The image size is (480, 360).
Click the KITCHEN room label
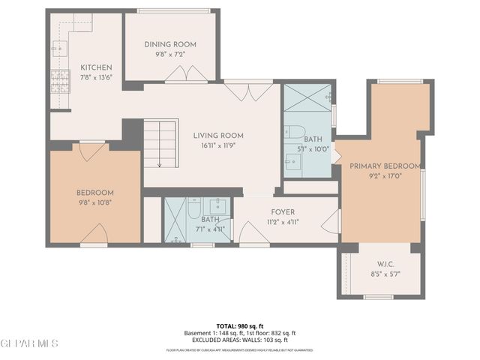(x=96, y=67)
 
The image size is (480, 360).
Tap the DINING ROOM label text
(x=169, y=44)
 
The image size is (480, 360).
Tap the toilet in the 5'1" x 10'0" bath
(x=294, y=131)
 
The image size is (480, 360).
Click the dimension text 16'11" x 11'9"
(x=218, y=147)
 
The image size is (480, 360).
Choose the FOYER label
(x=283, y=211)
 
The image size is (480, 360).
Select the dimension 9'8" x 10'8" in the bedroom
(x=94, y=202)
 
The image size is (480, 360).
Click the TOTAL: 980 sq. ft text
(x=240, y=325)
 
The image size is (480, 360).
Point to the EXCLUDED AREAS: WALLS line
(x=240, y=340)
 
